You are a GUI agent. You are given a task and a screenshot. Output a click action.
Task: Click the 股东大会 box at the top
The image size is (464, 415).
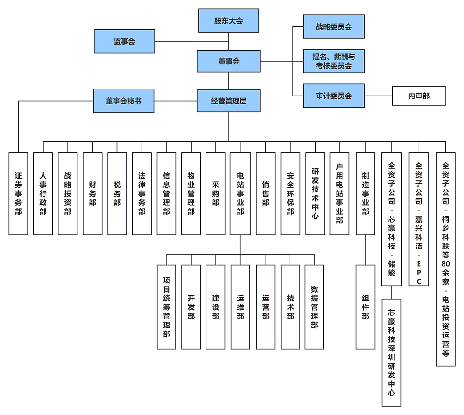coord(228,21)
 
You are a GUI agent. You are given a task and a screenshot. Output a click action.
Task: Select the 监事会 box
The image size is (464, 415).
coord(124,41)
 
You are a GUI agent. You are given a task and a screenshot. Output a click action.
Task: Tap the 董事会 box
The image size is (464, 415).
coord(228,61)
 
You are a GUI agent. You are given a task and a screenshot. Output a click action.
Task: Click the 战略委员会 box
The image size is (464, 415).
coord(334,27)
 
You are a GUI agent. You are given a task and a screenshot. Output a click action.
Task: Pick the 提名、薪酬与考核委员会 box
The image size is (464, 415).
coord(334,61)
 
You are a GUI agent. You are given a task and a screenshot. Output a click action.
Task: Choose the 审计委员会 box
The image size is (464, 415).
coord(334,96)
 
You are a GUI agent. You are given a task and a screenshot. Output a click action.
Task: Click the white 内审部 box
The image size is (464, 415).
coord(419,96)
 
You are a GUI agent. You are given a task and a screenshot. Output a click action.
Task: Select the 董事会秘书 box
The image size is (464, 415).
coord(123,101)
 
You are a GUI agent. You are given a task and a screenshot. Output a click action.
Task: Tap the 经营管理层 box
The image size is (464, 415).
coord(228,101)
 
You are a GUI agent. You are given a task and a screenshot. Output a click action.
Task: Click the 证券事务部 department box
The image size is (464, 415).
coord(19,193)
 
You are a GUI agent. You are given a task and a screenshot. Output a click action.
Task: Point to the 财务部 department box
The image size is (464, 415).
coord(92,193)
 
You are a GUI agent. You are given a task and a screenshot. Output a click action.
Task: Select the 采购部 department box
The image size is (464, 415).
coord(215,193)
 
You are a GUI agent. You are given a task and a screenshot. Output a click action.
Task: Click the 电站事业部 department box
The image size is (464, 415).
coord(240,193)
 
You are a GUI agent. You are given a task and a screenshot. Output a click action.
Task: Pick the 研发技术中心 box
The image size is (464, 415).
coord(315,193)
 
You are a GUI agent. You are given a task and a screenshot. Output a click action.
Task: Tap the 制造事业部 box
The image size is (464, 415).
coord(365,193)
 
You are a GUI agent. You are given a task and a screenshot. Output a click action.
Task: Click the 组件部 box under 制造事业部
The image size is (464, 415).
coord(365,307)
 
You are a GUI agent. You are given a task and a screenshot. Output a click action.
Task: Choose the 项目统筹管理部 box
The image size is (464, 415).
coord(167,307)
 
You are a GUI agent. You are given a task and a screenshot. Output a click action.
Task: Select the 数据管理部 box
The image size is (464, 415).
coord(314,307)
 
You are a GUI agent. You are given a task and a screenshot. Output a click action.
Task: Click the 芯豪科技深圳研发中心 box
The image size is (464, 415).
coord(392,352)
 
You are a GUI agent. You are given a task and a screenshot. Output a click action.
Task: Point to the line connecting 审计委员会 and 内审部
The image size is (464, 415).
coord(378,96)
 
